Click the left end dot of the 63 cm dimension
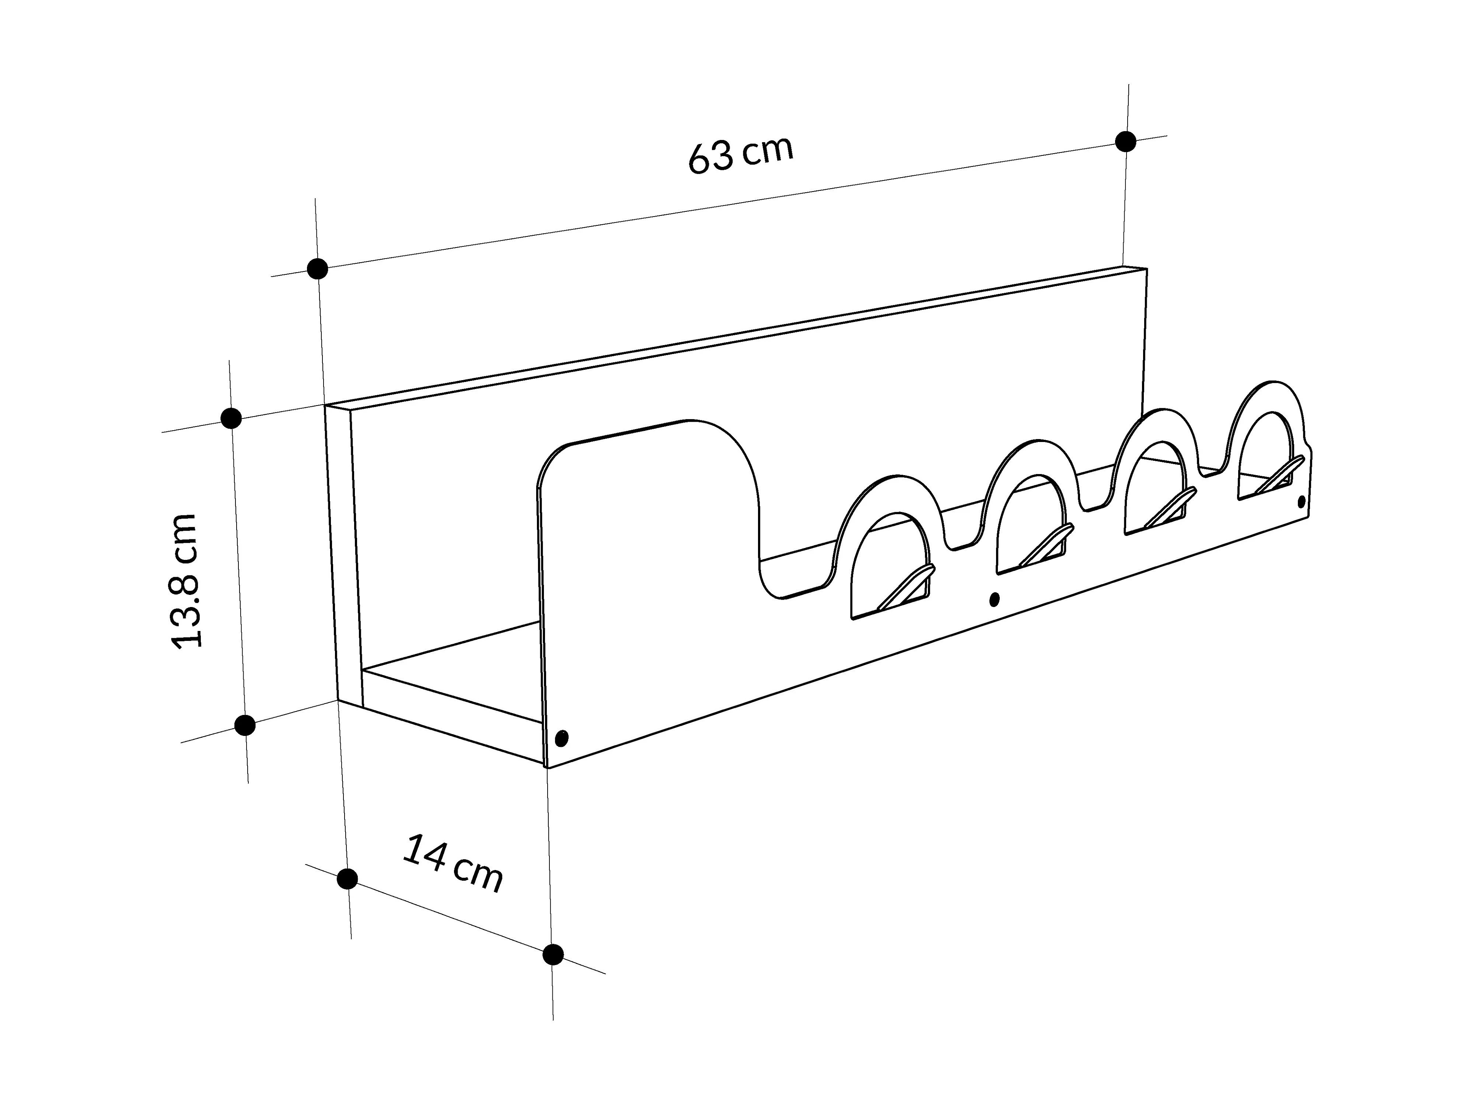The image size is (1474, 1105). (x=318, y=269)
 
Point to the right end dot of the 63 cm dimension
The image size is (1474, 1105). (x=1125, y=141)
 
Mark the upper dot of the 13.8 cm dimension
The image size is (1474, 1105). (x=231, y=418)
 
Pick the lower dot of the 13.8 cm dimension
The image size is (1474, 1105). (x=245, y=725)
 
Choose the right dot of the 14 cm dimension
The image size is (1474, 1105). (x=552, y=954)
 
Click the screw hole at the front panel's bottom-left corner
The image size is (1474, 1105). (x=562, y=738)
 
